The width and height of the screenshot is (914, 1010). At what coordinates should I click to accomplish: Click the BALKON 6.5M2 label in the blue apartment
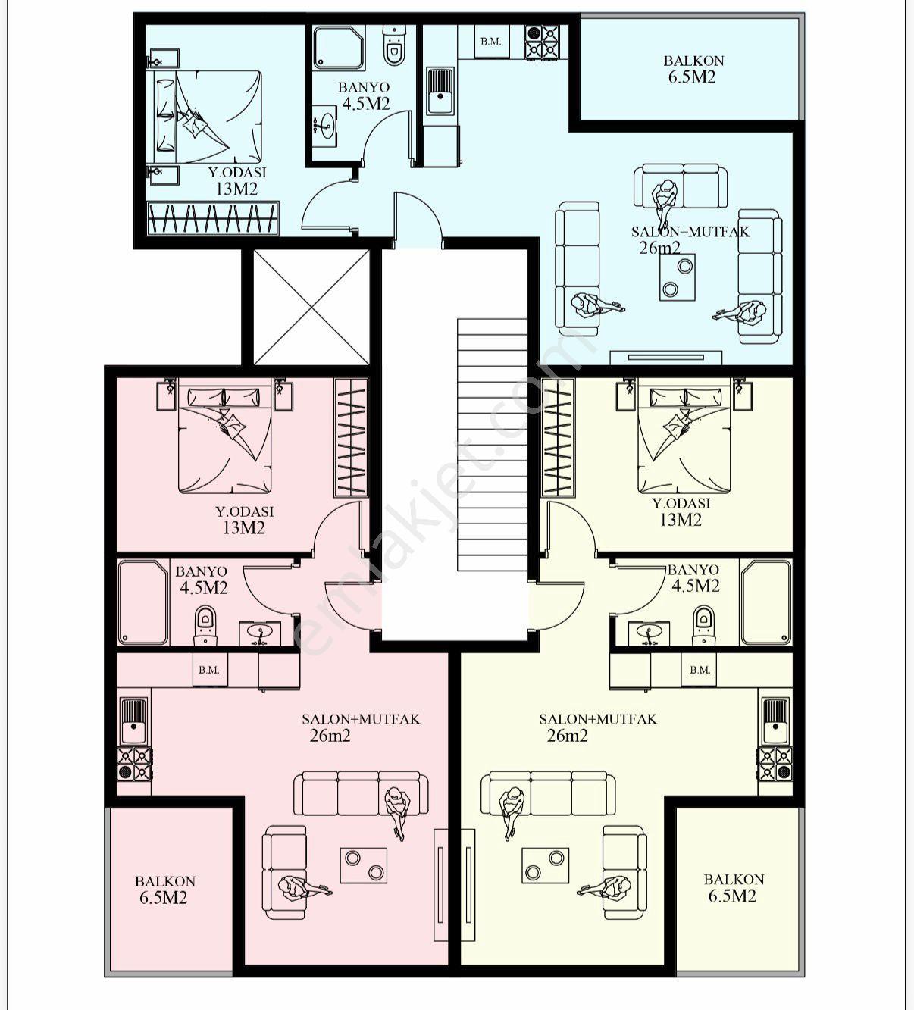[693, 69]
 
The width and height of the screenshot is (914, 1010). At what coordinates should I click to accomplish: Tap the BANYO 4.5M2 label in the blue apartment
[364, 95]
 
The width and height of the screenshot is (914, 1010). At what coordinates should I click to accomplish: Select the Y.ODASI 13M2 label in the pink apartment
[245, 520]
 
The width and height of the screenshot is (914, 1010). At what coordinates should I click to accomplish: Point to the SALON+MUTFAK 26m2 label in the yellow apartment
[598, 727]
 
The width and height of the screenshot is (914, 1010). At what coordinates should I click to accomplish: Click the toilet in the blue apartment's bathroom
[394, 46]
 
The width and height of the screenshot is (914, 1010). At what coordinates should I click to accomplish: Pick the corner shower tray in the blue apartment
[339, 47]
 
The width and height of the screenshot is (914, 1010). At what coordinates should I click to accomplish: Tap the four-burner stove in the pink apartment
[135, 764]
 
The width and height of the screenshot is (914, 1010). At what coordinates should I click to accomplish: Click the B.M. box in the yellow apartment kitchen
[699, 670]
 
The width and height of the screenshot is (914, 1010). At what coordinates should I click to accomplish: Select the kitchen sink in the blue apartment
[441, 92]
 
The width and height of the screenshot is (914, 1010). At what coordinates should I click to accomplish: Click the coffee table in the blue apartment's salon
[678, 277]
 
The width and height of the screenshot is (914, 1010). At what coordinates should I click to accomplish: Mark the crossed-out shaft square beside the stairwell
[311, 307]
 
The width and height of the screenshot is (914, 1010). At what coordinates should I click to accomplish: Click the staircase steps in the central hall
[492, 445]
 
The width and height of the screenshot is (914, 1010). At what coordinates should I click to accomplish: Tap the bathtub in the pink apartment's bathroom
[143, 602]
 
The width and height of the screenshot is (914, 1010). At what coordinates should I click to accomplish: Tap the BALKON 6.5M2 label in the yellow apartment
[734, 888]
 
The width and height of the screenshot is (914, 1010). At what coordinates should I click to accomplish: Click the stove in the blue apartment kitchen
[542, 42]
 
